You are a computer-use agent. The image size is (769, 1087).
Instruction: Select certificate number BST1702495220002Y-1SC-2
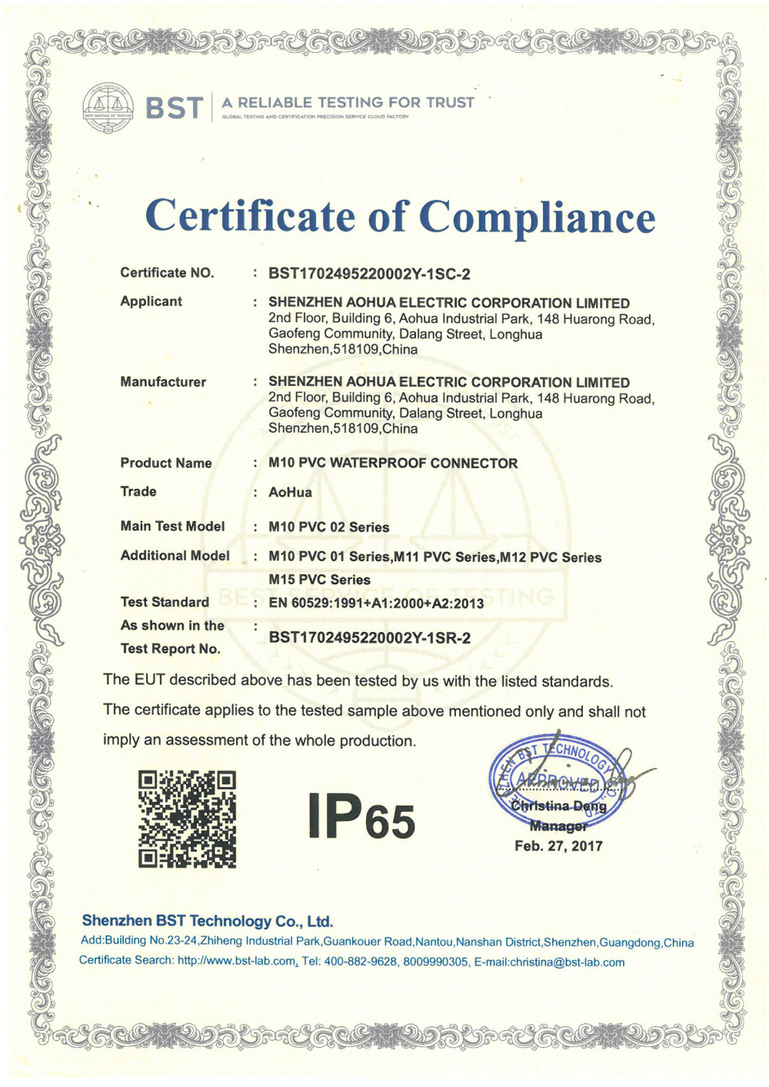(x=369, y=274)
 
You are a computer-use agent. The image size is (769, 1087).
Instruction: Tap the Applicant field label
(x=151, y=301)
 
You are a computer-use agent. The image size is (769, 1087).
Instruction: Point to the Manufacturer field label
(x=163, y=382)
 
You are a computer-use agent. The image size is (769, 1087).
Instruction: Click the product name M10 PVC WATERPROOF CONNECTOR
(x=393, y=464)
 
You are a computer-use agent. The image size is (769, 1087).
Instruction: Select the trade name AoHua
(x=290, y=493)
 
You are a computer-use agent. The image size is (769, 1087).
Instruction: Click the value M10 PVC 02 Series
(x=328, y=527)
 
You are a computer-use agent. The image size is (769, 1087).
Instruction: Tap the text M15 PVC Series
(x=319, y=580)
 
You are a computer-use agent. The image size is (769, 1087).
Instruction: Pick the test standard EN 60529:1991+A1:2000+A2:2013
(x=376, y=603)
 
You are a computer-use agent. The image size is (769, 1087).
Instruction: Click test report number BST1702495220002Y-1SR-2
(x=369, y=637)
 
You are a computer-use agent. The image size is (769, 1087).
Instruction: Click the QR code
(x=187, y=819)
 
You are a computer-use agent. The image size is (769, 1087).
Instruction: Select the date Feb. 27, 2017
(x=558, y=846)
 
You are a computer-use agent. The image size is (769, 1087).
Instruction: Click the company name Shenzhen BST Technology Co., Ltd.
(x=207, y=921)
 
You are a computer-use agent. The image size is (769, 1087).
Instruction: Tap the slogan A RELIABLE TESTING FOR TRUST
(x=348, y=102)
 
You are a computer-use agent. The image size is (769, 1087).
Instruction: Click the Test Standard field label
(x=165, y=602)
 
